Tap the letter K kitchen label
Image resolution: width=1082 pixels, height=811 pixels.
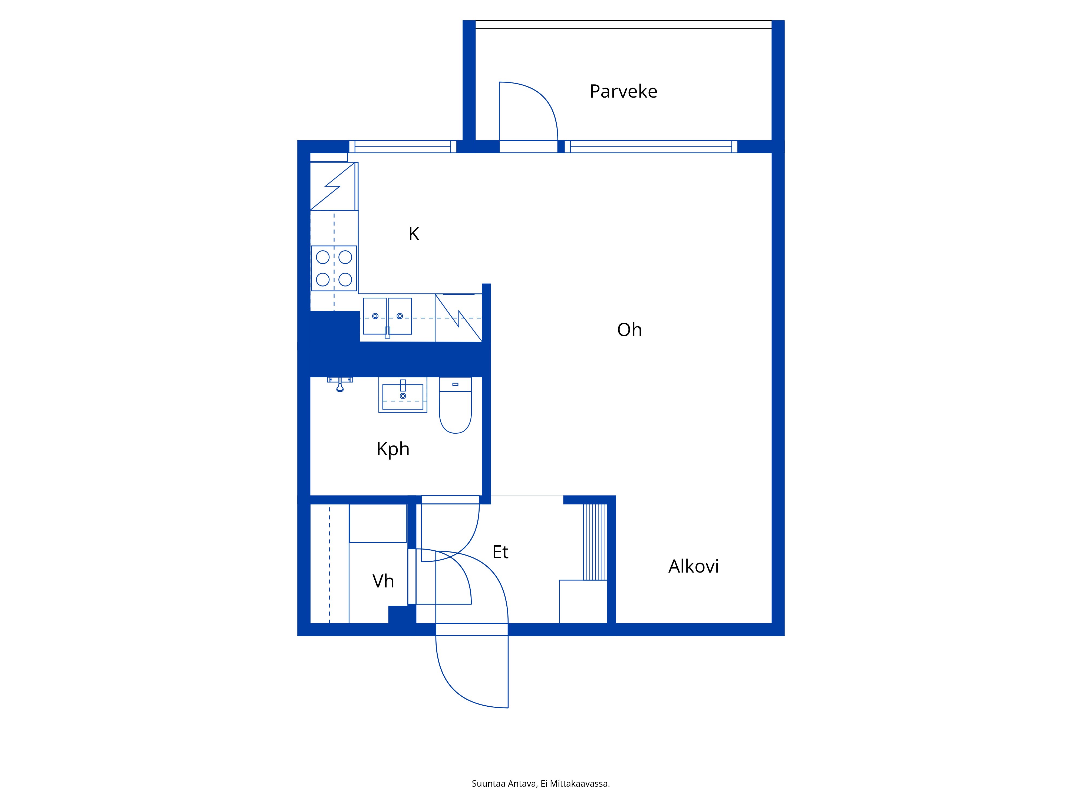pyautogui.click(x=414, y=234)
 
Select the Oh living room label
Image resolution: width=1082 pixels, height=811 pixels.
pyautogui.click(x=629, y=330)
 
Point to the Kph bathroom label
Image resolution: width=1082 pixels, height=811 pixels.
pyautogui.click(x=393, y=449)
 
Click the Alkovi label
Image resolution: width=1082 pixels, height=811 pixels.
pyautogui.click(x=694, y=566)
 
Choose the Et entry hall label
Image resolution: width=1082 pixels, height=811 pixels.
pyautogui.click(x=500, y=552)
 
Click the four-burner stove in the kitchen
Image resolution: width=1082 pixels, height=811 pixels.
pyautogui.click(x=334, y=268)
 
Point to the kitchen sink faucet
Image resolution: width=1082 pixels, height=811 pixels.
pyautogui.click(x=387, y=333)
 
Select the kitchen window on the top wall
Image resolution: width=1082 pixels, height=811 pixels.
pyautogui.click(x=403, y=147)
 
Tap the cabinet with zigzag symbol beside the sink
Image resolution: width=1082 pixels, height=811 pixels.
pyautogui.click(x=458, y=318)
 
